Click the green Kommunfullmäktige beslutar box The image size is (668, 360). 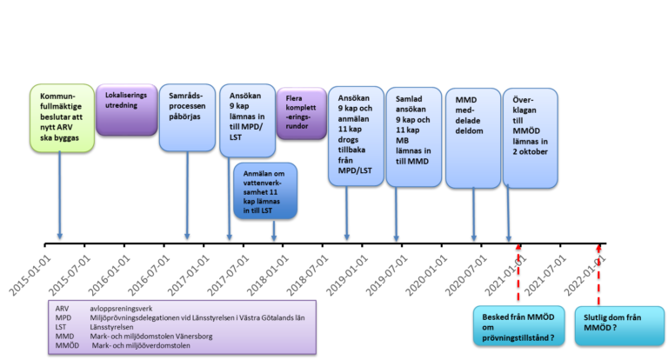coord(60,117)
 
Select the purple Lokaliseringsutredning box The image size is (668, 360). coord(126,109)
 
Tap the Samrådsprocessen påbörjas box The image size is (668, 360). coord(187,117)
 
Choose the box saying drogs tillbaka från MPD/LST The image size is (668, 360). coord(356,135)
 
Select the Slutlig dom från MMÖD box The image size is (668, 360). coord(618,326)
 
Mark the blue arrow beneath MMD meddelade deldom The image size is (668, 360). coord(474,213)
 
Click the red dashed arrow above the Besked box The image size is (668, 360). coord(519,274)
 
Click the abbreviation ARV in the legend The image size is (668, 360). coord(62,309)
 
